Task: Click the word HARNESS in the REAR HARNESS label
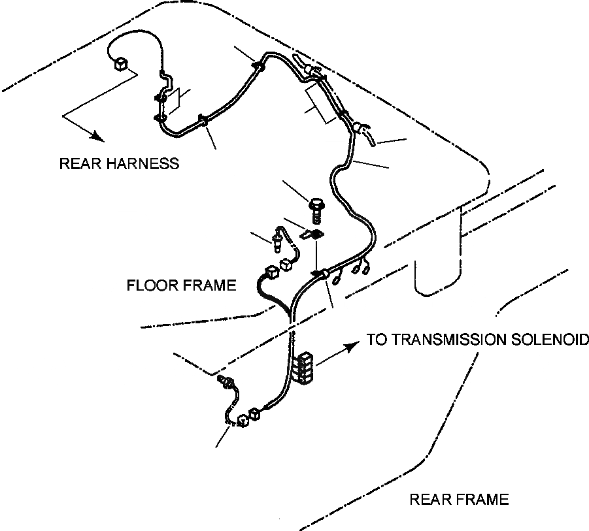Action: [x=145, y=163]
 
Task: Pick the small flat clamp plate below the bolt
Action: [x=312, y=233]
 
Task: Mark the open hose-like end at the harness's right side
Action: [x=370, y=137]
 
